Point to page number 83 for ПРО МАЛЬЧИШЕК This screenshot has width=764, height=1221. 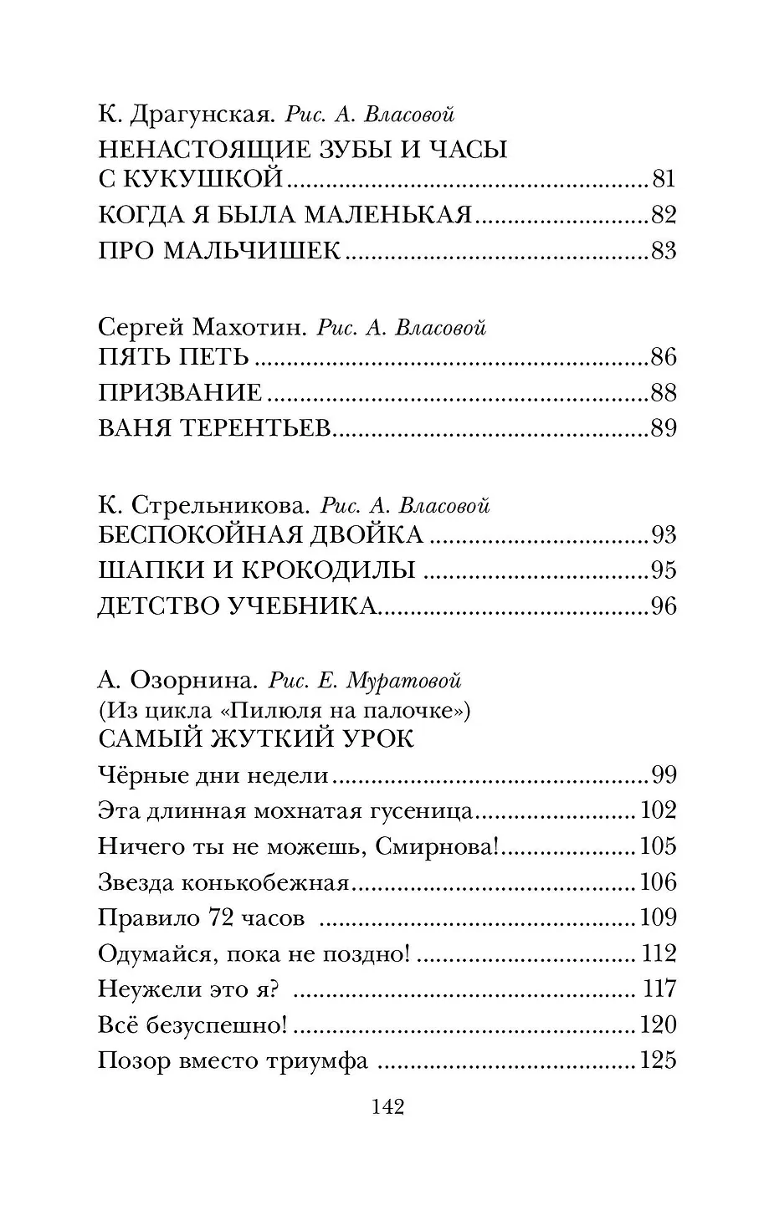663,251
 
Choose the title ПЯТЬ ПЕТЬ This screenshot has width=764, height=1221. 174,358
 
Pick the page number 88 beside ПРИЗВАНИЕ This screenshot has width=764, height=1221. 663,393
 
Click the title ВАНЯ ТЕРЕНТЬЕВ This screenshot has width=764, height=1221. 216,429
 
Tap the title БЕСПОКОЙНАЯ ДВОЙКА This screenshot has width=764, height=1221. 260,535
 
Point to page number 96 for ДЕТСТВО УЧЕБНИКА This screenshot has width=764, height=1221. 663,606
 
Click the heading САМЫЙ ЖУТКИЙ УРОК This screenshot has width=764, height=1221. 256,739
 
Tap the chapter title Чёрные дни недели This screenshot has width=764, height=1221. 213,775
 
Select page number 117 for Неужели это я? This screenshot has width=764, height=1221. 659,989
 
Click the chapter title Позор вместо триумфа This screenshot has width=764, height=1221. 233,1060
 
